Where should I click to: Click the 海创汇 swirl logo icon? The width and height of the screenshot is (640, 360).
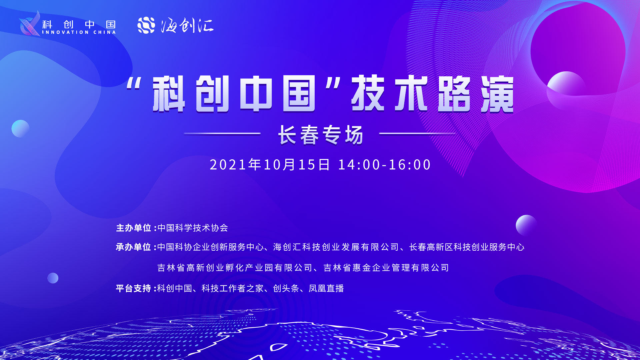[x=146, y=25]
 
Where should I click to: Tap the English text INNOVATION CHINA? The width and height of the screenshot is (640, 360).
[x=79, y=32]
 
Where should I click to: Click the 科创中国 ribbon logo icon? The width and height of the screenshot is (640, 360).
[x=30, y=23]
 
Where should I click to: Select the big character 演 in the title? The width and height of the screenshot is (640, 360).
[x=497, y=94]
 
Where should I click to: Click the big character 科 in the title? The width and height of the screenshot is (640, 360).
[x=169, y=94]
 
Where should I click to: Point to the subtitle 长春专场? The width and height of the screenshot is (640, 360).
[x=321, y=135]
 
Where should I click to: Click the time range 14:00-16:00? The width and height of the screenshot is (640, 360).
[x=384, y=165]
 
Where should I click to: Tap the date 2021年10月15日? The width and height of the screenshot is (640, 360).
[x=270, y=165]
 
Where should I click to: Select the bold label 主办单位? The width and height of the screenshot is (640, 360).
[x=134, y=228]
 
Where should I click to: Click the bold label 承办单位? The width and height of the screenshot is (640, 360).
[x=134, y=247]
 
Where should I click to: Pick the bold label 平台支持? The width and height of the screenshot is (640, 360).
[x=134, y=288]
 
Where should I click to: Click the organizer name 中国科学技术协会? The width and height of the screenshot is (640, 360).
[x=193, y=228]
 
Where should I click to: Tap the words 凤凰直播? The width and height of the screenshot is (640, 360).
[x=326, y=288]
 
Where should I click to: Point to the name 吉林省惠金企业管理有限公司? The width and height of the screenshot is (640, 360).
[x=386, y=268]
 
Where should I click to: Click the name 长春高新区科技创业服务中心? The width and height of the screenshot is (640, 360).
[x=467, y=247]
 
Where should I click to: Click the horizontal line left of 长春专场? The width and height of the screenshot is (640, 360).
[x=222, y=134]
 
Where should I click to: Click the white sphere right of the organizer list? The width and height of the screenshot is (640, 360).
[x=526, y=225]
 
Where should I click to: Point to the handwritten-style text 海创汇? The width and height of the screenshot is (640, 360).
[x=187, y=25]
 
